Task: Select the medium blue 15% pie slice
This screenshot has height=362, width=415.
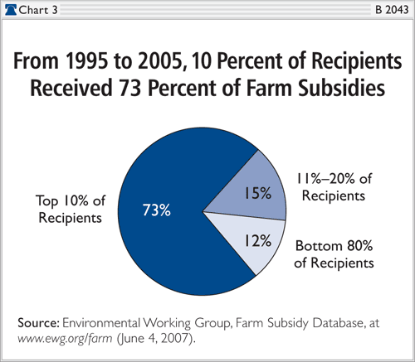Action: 255,191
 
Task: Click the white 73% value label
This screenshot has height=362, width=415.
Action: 157,210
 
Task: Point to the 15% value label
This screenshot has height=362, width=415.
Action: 257,193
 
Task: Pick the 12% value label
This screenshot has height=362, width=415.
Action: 257,240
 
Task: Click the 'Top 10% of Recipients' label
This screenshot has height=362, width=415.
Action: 71,209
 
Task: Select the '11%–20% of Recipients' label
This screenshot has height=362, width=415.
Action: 334,187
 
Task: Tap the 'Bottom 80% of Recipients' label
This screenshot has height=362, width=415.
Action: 334,254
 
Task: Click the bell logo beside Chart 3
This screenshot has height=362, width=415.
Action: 12,10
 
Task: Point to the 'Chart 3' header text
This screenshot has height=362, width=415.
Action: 38,10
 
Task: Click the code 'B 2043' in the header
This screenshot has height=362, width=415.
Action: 392,10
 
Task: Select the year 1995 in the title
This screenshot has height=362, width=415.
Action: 86,60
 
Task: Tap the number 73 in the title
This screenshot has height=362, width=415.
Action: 129,88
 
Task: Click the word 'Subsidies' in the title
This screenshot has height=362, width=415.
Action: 341,88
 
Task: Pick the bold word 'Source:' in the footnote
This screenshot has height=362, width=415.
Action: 38,322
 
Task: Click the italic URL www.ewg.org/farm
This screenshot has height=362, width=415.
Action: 65,338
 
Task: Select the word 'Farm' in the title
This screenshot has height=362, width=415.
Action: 269,88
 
